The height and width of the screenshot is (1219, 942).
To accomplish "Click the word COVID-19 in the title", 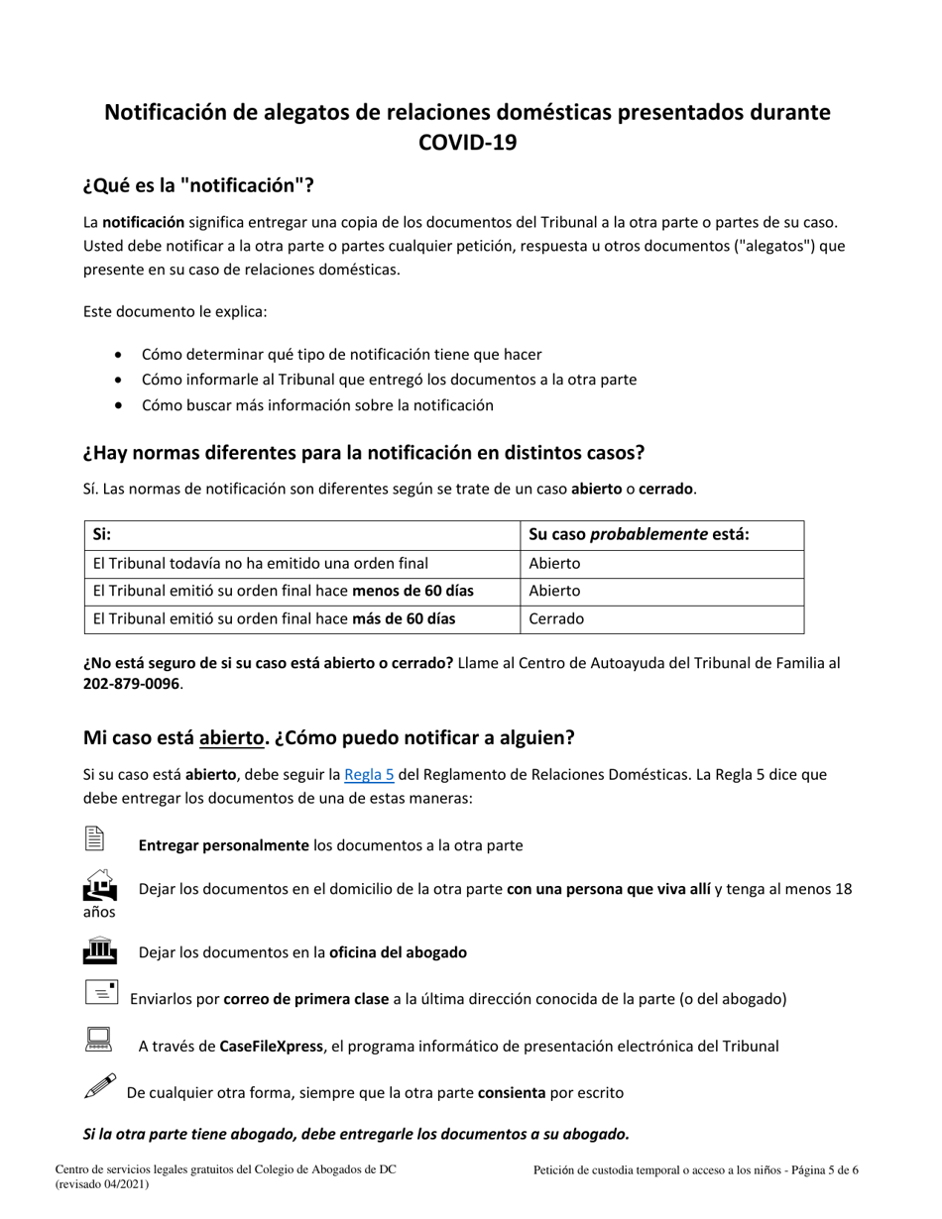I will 467,143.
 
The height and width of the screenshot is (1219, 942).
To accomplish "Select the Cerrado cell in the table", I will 556,618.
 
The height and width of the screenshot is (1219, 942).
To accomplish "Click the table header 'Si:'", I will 101,534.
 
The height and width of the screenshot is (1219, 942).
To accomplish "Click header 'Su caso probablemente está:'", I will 639,534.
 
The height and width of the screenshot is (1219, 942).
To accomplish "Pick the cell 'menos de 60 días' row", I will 283,591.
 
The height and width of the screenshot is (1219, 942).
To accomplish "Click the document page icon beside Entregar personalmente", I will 94,838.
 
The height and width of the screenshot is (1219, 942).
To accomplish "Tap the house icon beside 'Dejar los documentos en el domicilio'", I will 99,884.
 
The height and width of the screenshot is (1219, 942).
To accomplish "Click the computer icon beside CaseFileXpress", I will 98,1040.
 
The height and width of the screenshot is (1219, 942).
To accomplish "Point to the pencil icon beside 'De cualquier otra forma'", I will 100,1086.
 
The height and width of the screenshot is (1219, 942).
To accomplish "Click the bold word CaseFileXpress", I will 272,1046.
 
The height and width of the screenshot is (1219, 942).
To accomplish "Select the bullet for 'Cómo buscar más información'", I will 120,405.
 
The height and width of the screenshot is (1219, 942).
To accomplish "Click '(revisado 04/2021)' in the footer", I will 102,1183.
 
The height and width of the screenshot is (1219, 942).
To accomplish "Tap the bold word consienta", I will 512,1092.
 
